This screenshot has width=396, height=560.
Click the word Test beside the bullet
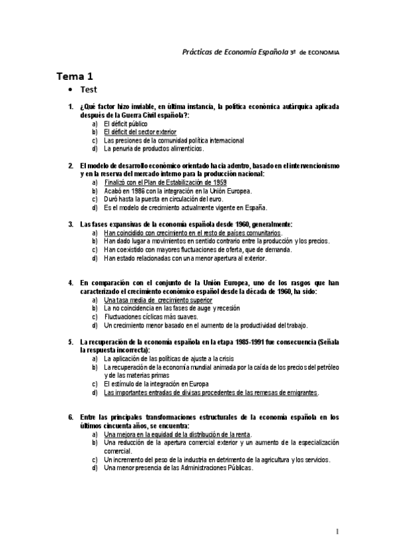pos(89,90)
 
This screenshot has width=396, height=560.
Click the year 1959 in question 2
pos(216,182)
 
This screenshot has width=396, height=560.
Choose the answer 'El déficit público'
pos(125,123)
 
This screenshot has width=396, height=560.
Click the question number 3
pos(71,225)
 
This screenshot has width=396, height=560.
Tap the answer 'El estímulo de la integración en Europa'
pos(161,384)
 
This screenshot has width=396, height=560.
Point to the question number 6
pos(71,417)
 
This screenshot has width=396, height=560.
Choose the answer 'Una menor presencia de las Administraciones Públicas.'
pos(178,468)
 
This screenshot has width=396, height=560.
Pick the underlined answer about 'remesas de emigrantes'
pos(211,392)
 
